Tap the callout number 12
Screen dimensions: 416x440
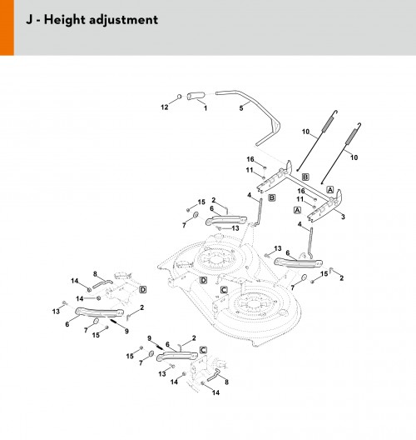pyautogui.click(x=165, y=107)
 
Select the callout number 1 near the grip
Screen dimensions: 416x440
pyautogui.click(x=206, y=108)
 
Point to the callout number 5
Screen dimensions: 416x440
pyautogui.click(x=241, y=108)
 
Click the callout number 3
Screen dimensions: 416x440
pyautogui.click(x=343, y=217)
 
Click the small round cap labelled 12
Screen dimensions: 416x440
pyautogui.click(x=180, y=97)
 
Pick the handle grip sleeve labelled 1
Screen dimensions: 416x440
pyautogui.click(x=196, y=96)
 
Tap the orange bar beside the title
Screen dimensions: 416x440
pyautogui.click(x=7, y=27)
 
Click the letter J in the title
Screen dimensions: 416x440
pyautogui.click(x=29, y=20)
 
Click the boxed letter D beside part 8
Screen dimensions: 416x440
pyautogui.click(x=143, y=290)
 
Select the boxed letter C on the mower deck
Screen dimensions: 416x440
pyautogui.click(x=224, y=290)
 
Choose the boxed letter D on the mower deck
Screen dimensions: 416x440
pyautogui.click(x=203, y=280)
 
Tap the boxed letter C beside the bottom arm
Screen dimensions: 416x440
pyautogui.click(x=203, y=350)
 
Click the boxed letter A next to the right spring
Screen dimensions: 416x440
pyautogui.click(x=330, y=190)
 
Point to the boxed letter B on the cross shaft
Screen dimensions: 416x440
pyautogui.click(x=305, y=177)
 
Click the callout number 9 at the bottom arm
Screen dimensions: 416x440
pyautogui.click(x=149, y=338)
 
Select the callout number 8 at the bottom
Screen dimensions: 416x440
pyautogui.click(x=226, y=382)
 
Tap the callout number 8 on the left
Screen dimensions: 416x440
pyautogui.click(x=95, y=274)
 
